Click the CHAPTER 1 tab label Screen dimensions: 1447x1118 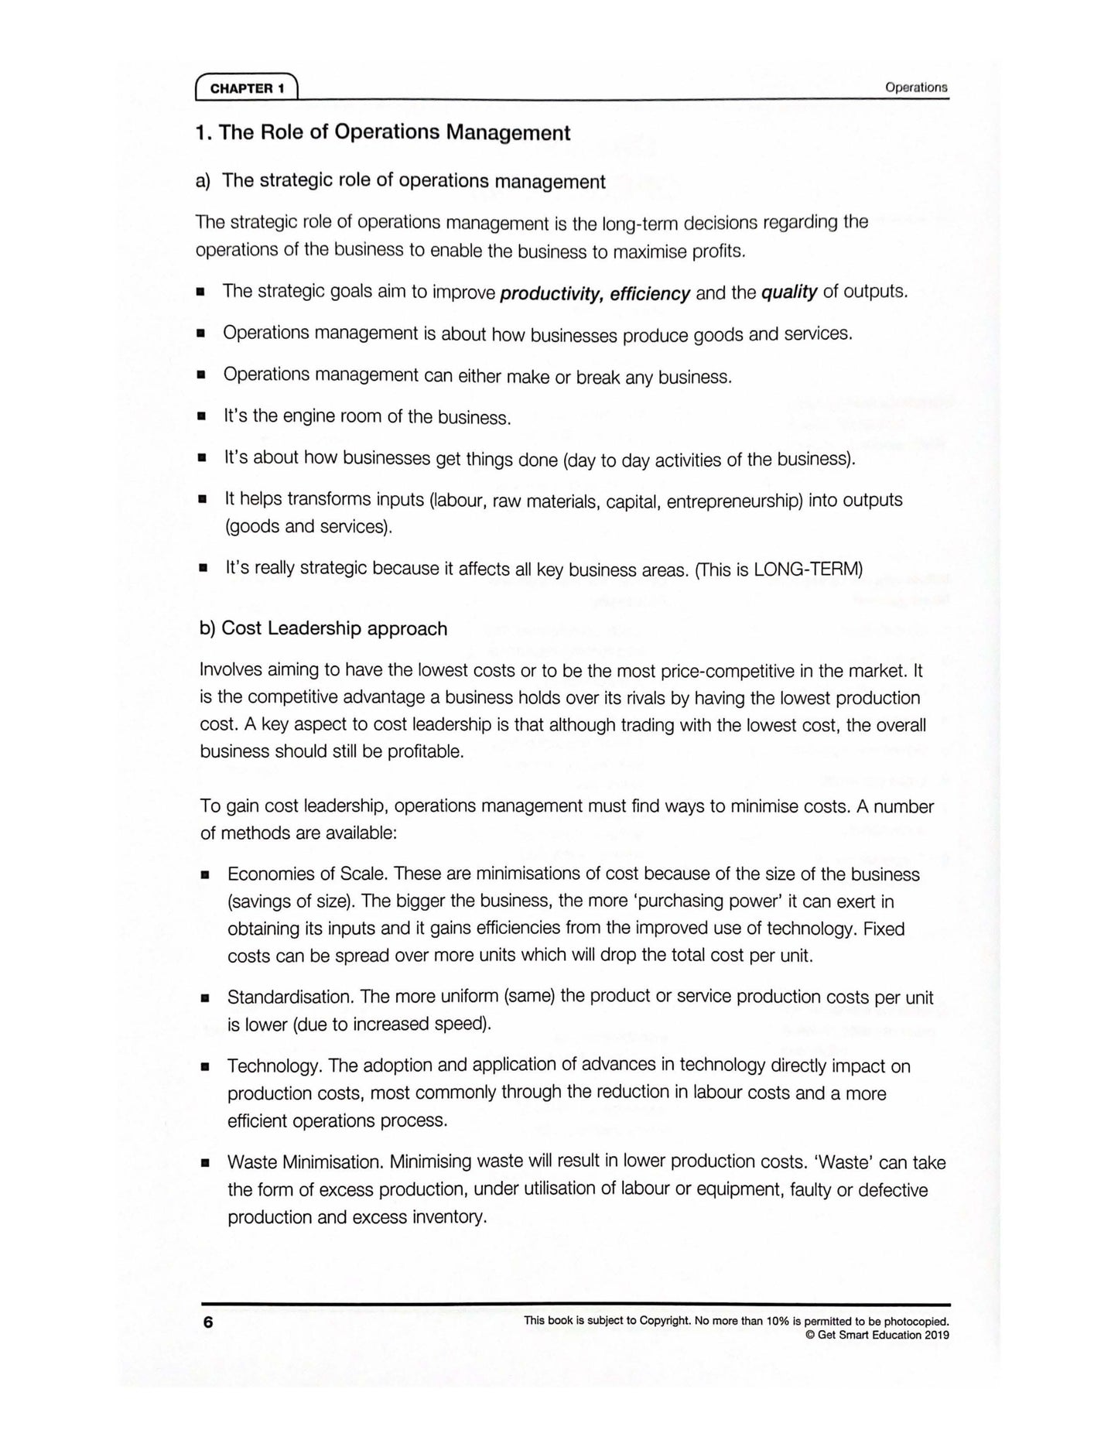(x=247, y=88)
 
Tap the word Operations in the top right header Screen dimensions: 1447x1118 (x=915, y=87)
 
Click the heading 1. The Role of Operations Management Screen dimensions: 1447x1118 (x=383, y=132)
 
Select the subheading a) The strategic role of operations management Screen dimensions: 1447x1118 (x=400, y=181)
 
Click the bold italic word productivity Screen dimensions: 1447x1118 (x=551, y=294)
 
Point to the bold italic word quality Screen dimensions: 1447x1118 (x=788, y=292)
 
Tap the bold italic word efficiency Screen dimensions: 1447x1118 (x=649, y=294)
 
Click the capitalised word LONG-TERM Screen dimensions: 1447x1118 (x=807, y=570)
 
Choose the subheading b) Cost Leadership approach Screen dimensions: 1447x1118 (x=323, y=628)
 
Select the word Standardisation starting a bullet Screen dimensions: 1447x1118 (x=290, y=997)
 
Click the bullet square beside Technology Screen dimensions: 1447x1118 (x=205, y=1066)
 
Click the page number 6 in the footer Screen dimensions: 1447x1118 (x=207, y=1322)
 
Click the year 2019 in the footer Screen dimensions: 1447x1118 (x=936, y=1335)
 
